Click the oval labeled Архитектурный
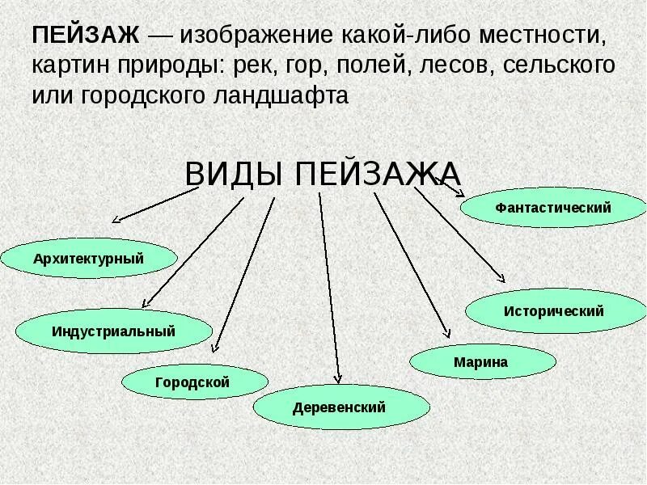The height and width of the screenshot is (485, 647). pos(89,259)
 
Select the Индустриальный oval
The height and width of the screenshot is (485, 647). pos(114,331)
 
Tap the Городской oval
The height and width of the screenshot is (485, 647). pos(193,382)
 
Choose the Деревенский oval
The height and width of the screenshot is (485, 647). pos(340,407)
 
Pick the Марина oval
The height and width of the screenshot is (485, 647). pos(482,361)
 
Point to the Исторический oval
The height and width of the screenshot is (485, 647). pos(554,310)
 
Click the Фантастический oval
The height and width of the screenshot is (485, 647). pos(553,208)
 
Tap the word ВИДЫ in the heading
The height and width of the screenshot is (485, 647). pos(235,173)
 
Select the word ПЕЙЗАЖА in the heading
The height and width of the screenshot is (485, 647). pos(378,173)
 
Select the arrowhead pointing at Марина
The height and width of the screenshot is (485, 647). pos(446,333)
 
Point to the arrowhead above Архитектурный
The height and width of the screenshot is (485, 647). pos(116,219)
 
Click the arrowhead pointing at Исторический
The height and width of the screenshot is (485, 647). pos(501,279)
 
